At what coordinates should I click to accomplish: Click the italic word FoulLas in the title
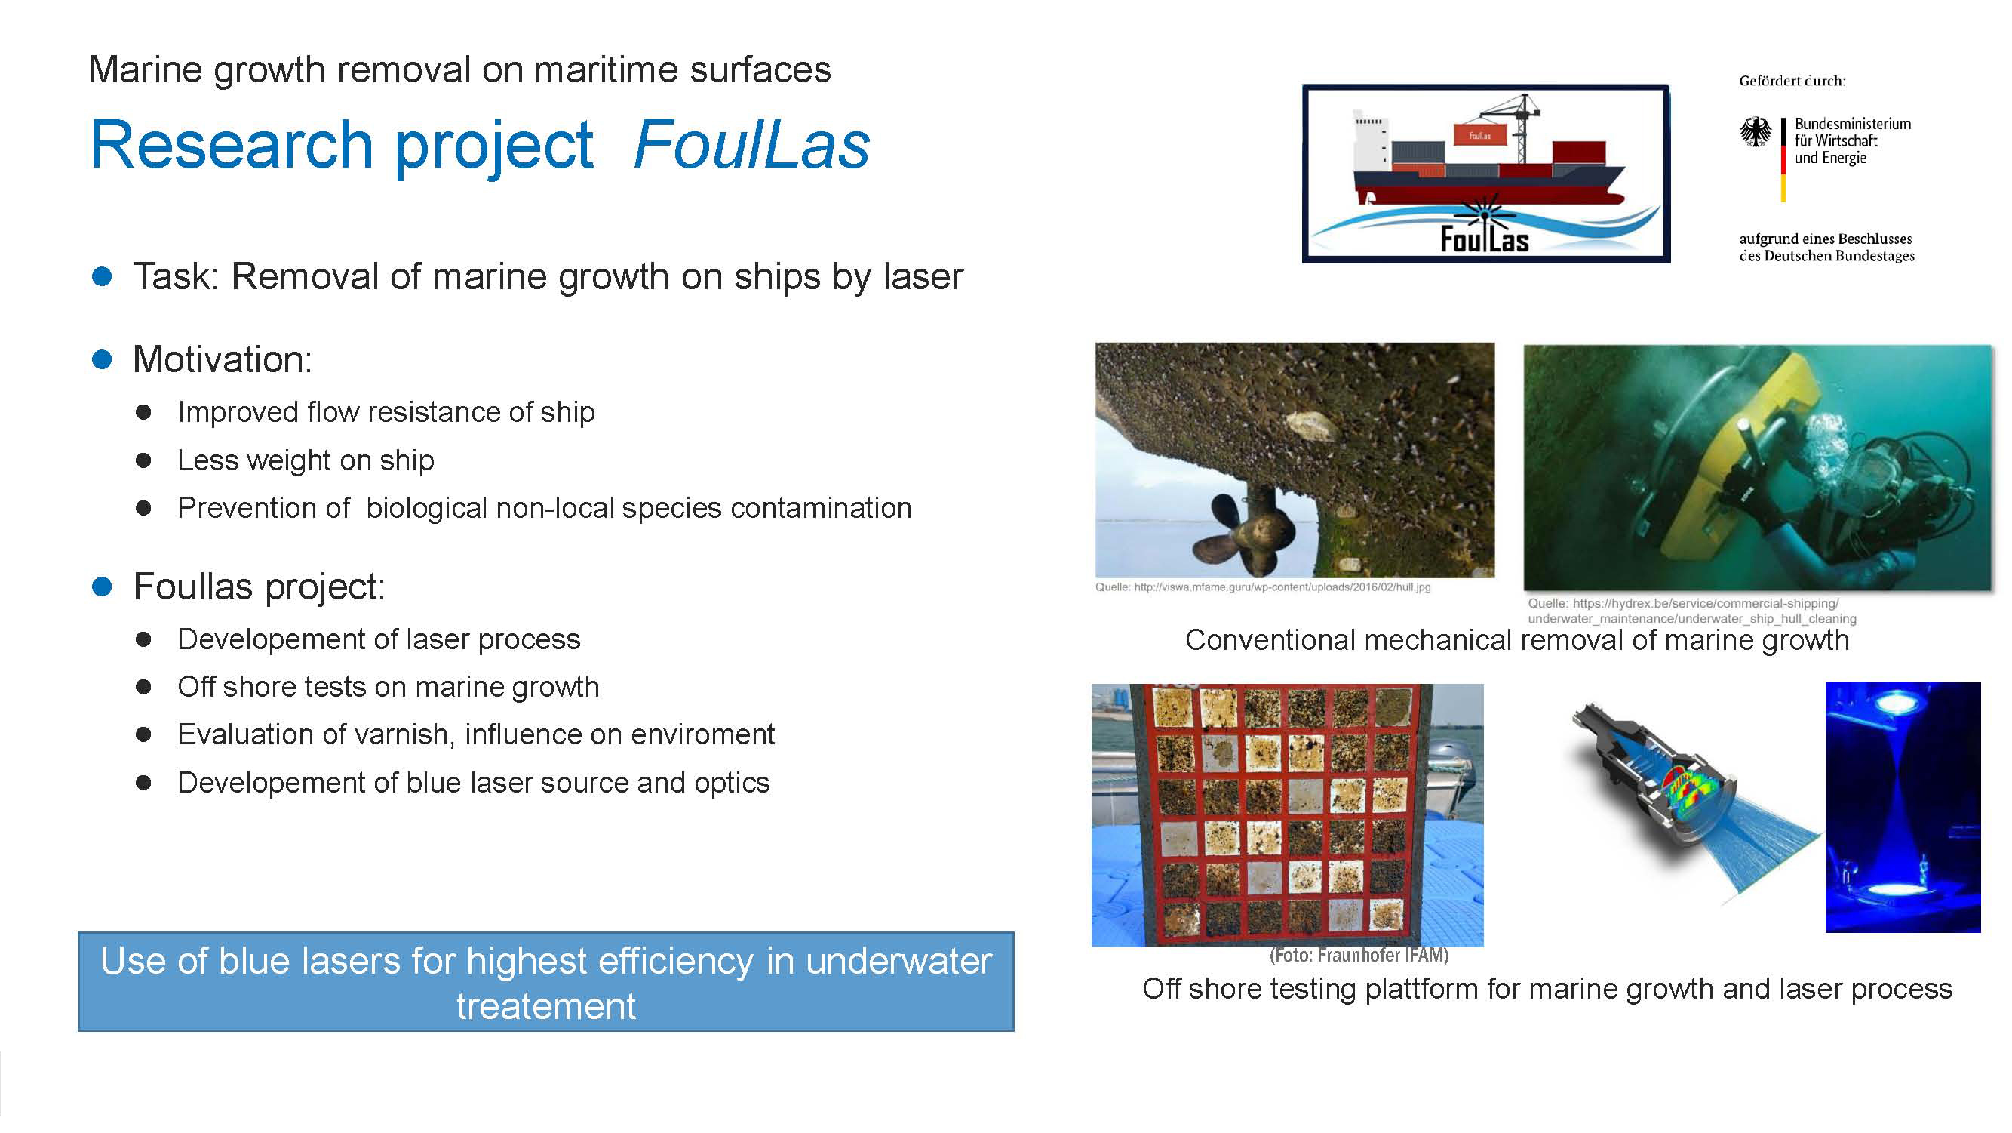click(751, 146)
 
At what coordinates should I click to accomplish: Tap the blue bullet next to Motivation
click(102, 359)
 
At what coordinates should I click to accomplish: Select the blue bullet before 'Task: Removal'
click(102, 276)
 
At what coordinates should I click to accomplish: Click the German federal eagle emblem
click(1756, 133)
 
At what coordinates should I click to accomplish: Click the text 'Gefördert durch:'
click(1792, 81)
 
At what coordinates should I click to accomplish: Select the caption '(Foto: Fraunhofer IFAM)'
click(1359, 955)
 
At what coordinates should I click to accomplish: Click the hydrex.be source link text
click(1692, 611)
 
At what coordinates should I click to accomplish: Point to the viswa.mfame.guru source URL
click(1263, 587)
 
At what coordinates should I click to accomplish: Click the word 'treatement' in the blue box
click(546, 1006)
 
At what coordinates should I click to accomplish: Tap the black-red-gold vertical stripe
click(1783, 160)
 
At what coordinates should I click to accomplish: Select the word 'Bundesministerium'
click(1853, 124)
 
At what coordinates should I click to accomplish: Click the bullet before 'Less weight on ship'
click(143, 460)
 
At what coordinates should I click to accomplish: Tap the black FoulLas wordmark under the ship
click(1484, 239)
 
